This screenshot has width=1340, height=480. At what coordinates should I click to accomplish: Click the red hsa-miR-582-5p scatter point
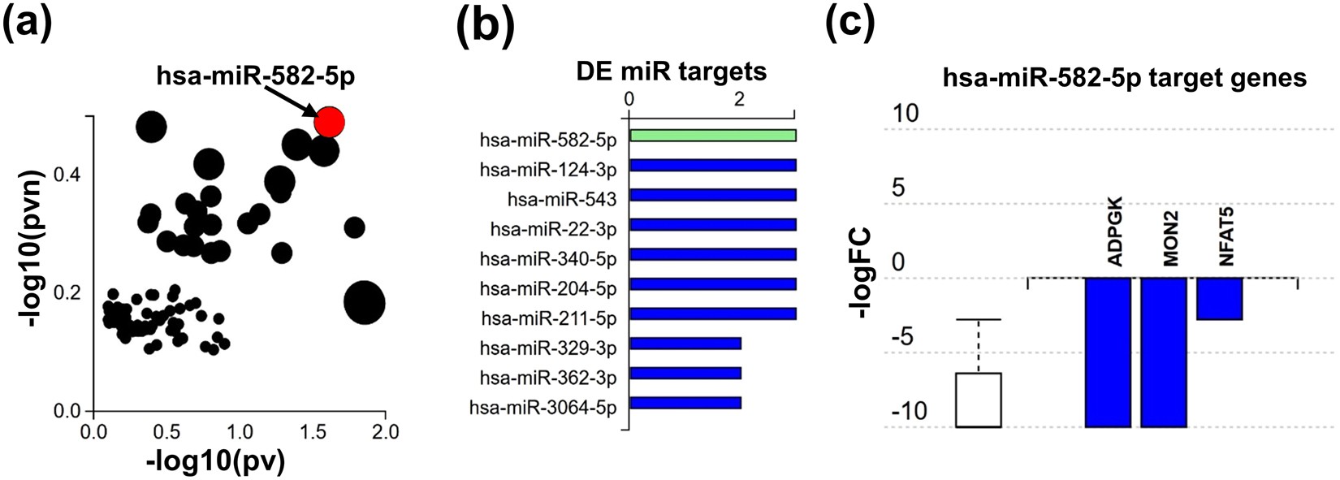(x=330, y=122)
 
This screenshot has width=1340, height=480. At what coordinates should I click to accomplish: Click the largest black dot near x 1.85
(x=364, y=302)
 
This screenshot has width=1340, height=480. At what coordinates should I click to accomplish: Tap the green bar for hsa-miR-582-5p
(x=712, y=136)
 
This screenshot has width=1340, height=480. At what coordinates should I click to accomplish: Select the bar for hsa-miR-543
(x=712, y=195)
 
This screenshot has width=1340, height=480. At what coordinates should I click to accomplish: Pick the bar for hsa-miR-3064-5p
(x=685, y=403)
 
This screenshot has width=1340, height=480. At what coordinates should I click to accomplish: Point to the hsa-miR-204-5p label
(x=548, y=288)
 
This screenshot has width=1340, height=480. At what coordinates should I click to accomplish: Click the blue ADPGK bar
(x=1108, y=352)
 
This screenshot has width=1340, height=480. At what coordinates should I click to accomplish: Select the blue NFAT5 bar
(x=1219, y=298)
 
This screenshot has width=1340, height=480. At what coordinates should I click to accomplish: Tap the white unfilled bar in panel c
(x=979, y=400)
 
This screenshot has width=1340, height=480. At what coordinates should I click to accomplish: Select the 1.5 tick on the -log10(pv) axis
(x=312, y=431)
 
